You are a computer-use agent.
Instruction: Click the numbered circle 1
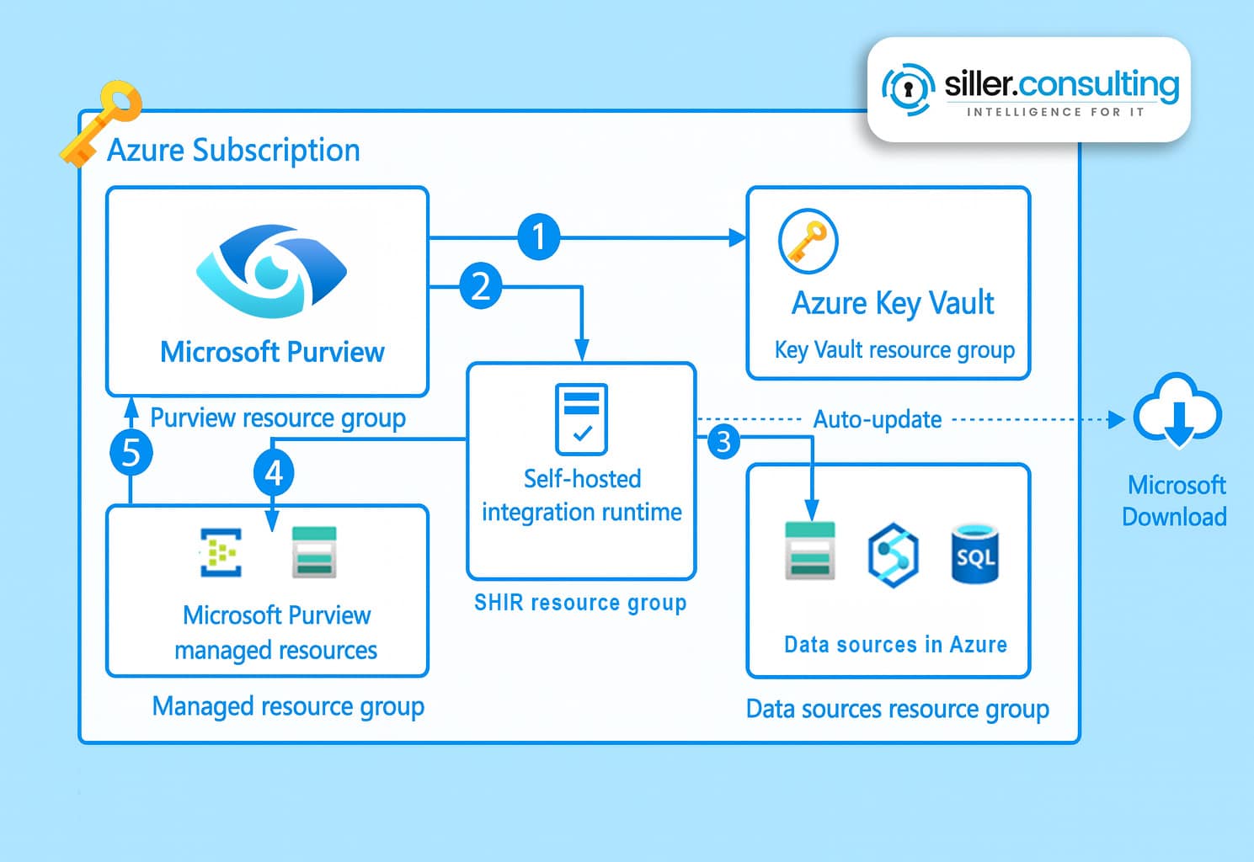[539, 237]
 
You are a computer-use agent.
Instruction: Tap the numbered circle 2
[481, 286]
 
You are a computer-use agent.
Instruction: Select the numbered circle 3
[723, 441]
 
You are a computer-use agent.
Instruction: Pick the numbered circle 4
[274, 473]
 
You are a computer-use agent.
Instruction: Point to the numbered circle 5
[131, 453]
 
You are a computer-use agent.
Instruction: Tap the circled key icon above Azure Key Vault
[808, 241]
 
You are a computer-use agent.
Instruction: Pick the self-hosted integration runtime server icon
[581, 418]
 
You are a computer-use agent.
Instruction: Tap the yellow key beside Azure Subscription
[99, 123]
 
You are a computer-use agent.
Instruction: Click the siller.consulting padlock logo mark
[908, 88]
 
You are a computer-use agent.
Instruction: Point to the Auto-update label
[878, 419]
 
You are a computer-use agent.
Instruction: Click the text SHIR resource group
[580, 603]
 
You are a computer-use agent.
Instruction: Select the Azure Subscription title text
[233, 151]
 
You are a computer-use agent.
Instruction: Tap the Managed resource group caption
[288, 706]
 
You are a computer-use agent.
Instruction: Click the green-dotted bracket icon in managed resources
[221, 552]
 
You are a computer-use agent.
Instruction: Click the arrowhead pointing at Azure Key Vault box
[738, 238]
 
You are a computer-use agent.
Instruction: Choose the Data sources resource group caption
[898, 709]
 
